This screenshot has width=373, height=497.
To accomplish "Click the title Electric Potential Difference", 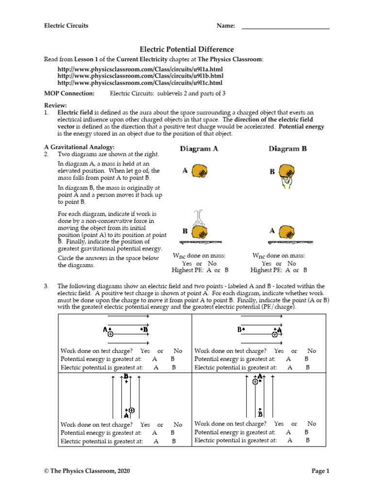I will pyautogui.click(x=186, y=50).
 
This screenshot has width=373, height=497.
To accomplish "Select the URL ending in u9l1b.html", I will pyautogui.click(x=140, y=76).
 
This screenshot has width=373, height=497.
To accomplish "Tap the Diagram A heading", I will pyautogui.click(x=199, y=149).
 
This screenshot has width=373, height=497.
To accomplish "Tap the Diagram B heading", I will pyautogui.click(x=288, y=149).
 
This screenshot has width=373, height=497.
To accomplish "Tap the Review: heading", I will pyautogui.click(x=55, y=105).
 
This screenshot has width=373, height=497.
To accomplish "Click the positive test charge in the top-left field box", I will pyautogui.click(x=111, y=334).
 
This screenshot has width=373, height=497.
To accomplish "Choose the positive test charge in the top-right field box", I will pyautogui.click(x=275, y=334).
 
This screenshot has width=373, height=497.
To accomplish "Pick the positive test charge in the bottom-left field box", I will pyautogui.click(x=131, y=410).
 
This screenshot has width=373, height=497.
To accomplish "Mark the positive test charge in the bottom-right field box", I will pyautogui.click(x=255, y=382).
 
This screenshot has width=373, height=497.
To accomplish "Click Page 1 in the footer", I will pyautogui.click(x=320, y=471).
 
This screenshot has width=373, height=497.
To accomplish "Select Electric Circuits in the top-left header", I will pyautogui.click(x=66, y=26).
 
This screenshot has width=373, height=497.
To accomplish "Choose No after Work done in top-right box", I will pyautogui.click(x=311, y=351).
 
